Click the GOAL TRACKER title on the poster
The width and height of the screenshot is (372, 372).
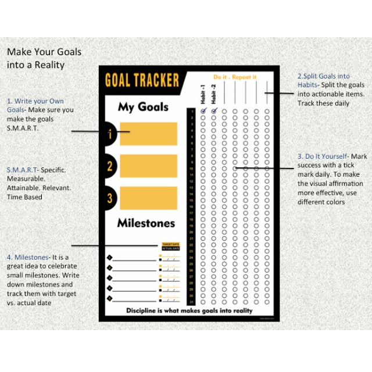pos(142,80)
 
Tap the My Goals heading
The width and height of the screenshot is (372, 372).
pos(143,107)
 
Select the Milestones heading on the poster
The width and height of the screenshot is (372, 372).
pos(146,223)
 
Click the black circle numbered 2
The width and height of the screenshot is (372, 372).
pos(109,167)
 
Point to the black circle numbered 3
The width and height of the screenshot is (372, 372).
pos(109,198)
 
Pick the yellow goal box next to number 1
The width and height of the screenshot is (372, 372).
pos(148,134)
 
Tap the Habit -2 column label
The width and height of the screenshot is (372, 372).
pos(213,93)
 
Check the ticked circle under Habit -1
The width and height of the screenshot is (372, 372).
pos(203,110)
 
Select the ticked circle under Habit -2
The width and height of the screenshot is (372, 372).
pos(214,110)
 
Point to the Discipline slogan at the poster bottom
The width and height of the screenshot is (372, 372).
pos(189,311)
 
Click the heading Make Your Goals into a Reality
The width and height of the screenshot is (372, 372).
pos(44,58)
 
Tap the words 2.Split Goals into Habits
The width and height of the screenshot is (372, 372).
pos(323,80)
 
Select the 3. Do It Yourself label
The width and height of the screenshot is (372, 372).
pos(322,156)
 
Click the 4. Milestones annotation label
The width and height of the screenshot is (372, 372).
pos(27,257)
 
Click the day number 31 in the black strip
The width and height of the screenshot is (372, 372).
pos(191,302)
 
